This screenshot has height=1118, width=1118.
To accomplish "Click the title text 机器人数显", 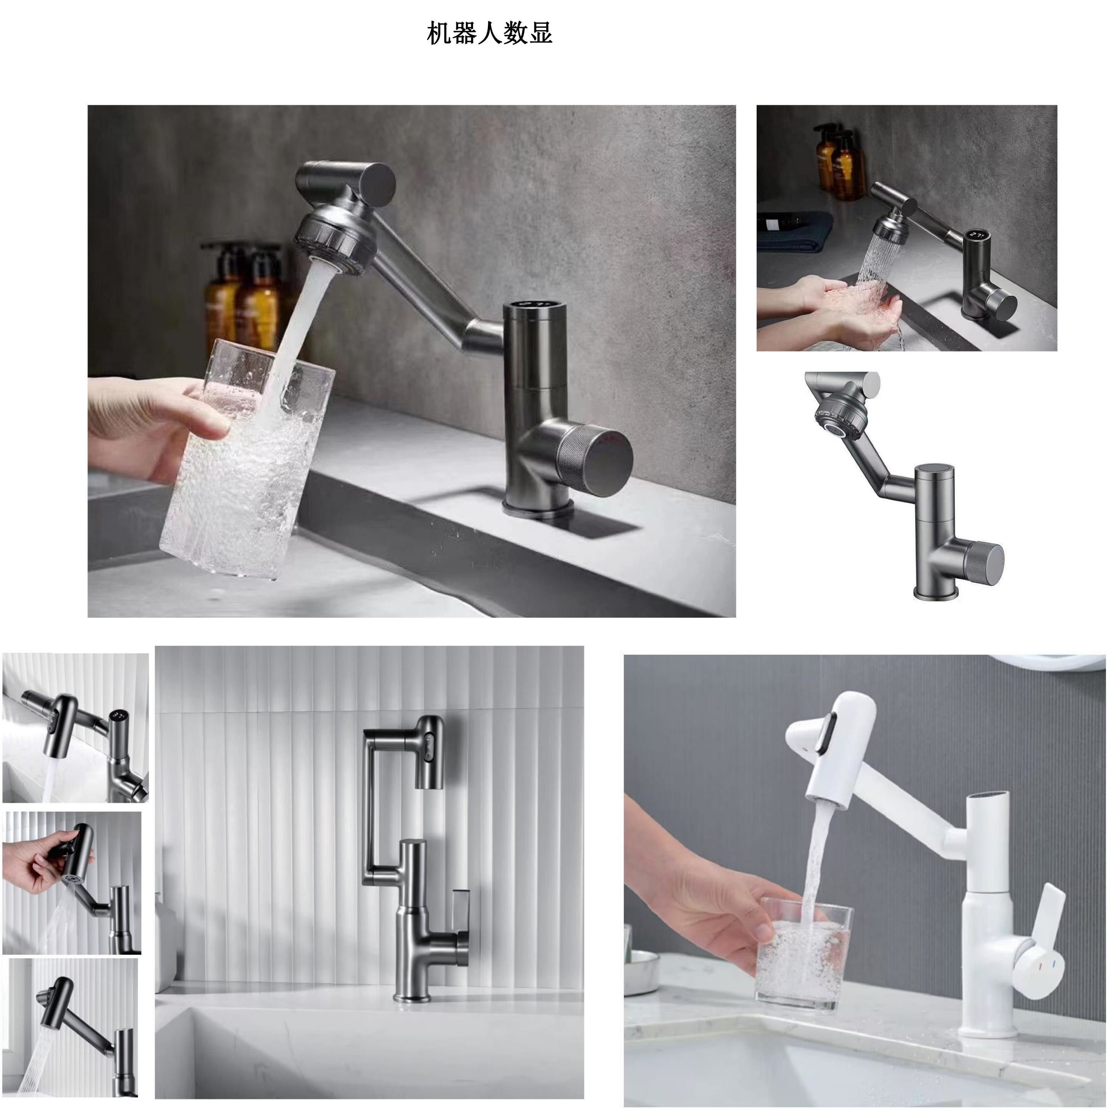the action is tap(489, 34).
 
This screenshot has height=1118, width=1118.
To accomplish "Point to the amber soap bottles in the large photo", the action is tap(242, 298).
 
